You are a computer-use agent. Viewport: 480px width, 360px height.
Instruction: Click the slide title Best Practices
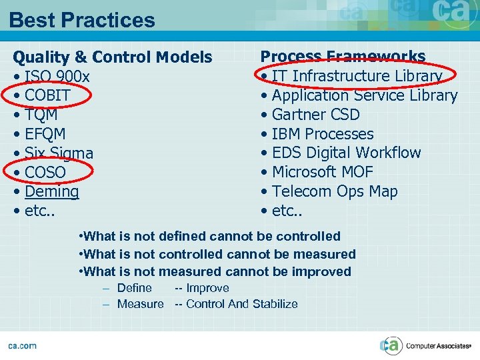tap(82, 20)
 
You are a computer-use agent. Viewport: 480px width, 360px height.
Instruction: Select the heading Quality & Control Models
tap(113, 57)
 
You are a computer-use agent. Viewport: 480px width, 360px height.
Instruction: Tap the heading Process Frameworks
tap(343, 57)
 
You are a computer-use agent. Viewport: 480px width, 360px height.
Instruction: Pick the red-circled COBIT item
tap(47, 95)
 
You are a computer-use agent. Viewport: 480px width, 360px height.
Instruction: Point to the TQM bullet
tap(41, 115)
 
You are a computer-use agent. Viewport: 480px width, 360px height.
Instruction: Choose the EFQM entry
tap(45, 134)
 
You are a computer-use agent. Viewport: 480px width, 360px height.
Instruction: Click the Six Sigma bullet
tap(59, 153)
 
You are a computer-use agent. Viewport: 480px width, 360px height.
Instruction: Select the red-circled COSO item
tap(45, 172)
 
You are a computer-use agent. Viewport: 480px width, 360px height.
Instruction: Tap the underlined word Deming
tap(52, 191)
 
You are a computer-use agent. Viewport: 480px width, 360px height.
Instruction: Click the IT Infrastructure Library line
tap(357, 77)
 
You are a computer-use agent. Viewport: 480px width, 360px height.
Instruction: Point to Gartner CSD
tap(315, 115)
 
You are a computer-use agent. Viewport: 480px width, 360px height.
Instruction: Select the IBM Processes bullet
tap(323, 134)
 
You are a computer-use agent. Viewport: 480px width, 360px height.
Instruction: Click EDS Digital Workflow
tap(346, 153)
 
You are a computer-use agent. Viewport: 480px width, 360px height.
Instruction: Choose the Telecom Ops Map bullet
tap(335, 191)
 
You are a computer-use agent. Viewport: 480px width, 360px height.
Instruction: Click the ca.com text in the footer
tap(23, 345)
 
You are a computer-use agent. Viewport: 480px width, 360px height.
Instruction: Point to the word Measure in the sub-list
tap(140, 304)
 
